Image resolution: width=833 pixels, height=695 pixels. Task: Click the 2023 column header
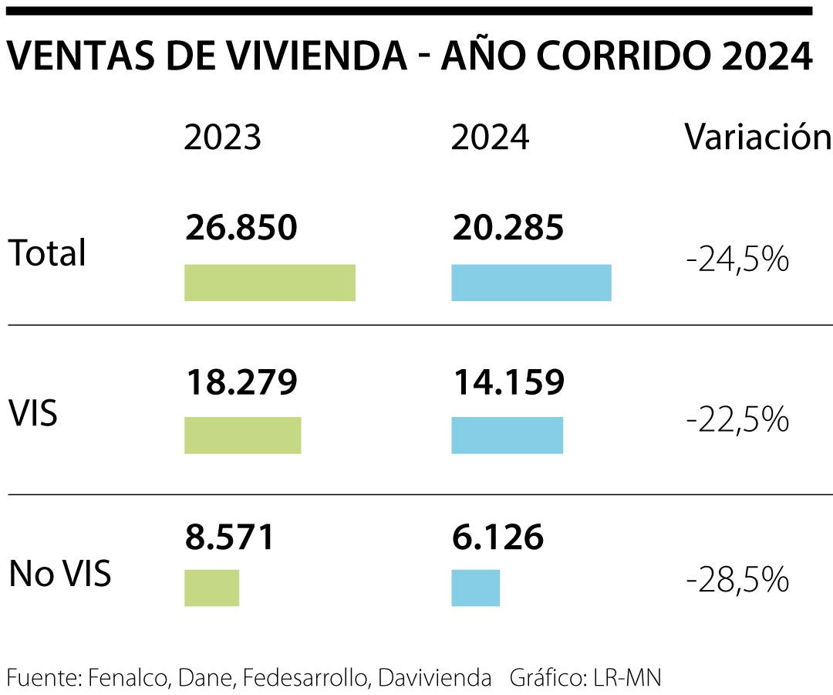pos(223,138)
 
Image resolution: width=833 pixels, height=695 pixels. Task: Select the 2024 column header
pos(490,138)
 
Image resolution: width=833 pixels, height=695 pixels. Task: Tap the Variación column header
pos(757,138)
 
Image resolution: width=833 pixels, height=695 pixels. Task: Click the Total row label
pos(47,253)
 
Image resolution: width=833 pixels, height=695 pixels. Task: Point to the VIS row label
pos(33,415)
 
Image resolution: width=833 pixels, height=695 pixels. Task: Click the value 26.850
pos(241,228)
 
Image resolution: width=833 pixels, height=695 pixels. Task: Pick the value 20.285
pos(508,228)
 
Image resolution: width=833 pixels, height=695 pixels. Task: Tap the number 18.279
pos(241,382)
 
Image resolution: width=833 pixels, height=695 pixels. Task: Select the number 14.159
pos(508,382)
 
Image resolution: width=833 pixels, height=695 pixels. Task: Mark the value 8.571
pos(230,537)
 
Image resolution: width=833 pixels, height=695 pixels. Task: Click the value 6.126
pos(497,537)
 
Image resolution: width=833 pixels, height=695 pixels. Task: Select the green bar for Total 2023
pos(269,283)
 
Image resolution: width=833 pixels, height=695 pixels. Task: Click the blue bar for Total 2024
pos(531,283)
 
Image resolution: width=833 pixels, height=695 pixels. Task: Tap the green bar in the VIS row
pos(242,436)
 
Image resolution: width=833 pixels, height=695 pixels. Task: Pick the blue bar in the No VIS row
pos(475,588)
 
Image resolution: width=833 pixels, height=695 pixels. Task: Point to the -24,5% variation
pos(737,261)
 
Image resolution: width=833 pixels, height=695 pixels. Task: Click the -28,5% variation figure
pos(737,578)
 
